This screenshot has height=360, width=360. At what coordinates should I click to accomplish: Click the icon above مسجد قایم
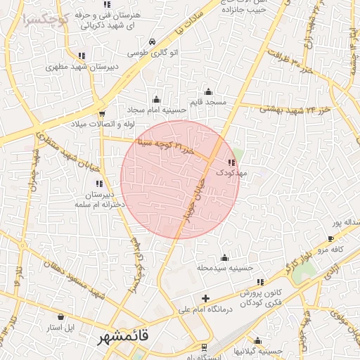pyautogui.click(x=207, y=92)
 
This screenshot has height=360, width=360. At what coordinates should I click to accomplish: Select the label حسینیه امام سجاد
pyautogui.click(x=156, y=110)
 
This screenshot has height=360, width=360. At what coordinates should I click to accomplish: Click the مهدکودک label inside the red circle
pyautogui.click(x=228, y=172)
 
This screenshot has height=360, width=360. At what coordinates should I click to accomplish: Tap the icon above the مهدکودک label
pyautogui.click(x=231, y=162)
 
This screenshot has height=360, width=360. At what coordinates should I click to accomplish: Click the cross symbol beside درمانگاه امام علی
pyautogui.click(x=205, y=298)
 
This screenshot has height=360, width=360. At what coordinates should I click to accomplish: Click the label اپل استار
pyautogui.click(x=60, y=328)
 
